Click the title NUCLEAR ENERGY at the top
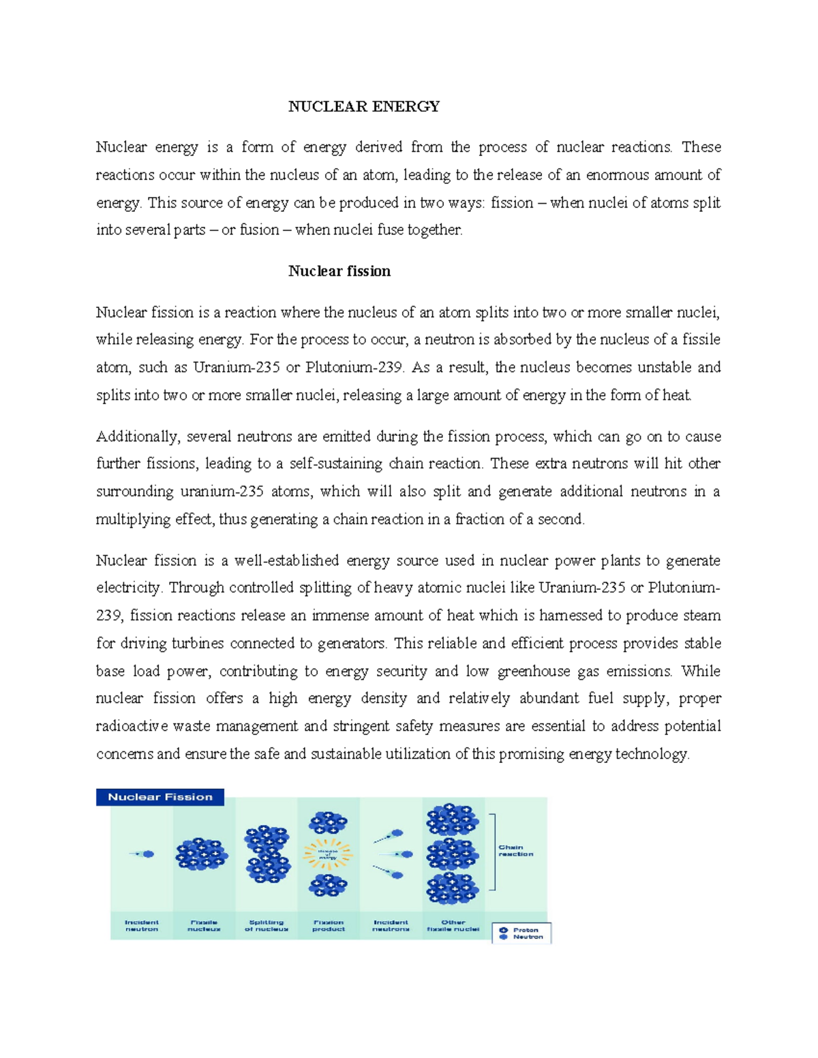(363, 106)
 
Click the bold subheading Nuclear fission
(339, 271)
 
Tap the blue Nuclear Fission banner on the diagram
(160, 797)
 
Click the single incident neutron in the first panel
(147, 854)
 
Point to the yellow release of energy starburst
(328, 854)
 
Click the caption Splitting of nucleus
(267, 925)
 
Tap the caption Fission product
(328, 925)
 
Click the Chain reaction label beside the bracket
(515, 851)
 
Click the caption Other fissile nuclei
(453, 925)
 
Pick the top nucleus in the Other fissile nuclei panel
(452, 820)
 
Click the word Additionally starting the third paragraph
(136, 437)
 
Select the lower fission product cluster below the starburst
(328, 886)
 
